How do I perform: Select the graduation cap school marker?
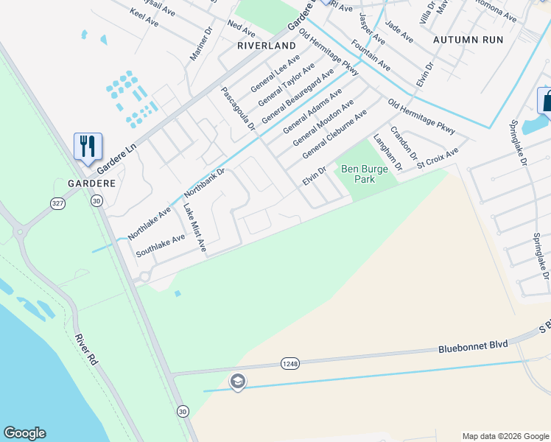237,382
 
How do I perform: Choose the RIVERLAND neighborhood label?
266,45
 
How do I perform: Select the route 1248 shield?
289,362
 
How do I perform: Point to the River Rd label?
86,351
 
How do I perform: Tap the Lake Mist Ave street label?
194,229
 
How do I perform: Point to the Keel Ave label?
144,18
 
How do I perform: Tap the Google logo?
24,433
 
